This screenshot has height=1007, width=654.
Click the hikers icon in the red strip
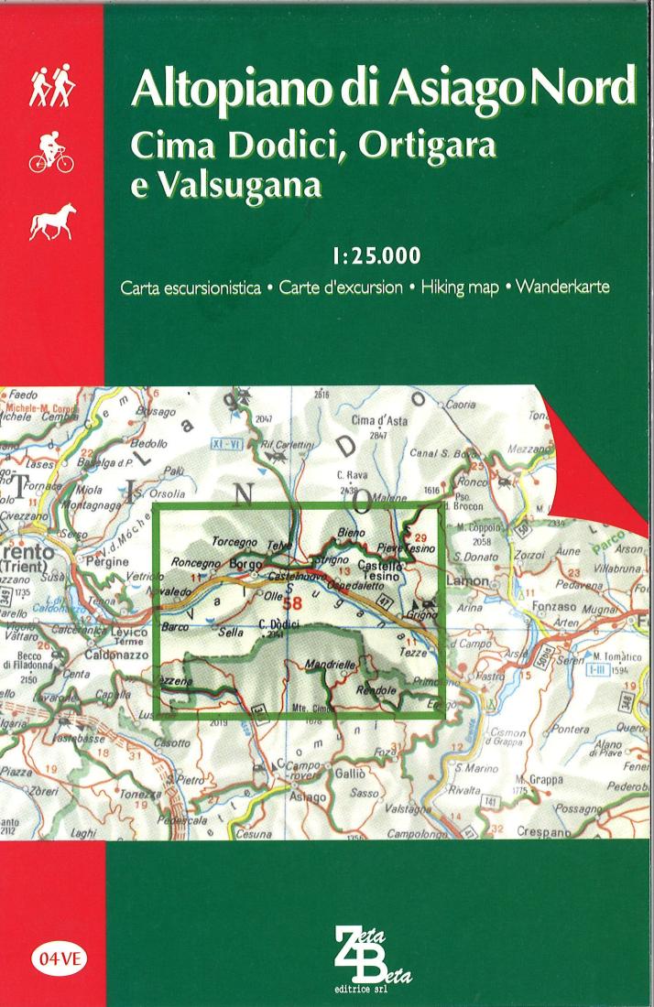(x=51, y=87)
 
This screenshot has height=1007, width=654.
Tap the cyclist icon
(x=51, y=153)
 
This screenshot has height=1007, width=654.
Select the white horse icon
(x=52, y=222)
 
